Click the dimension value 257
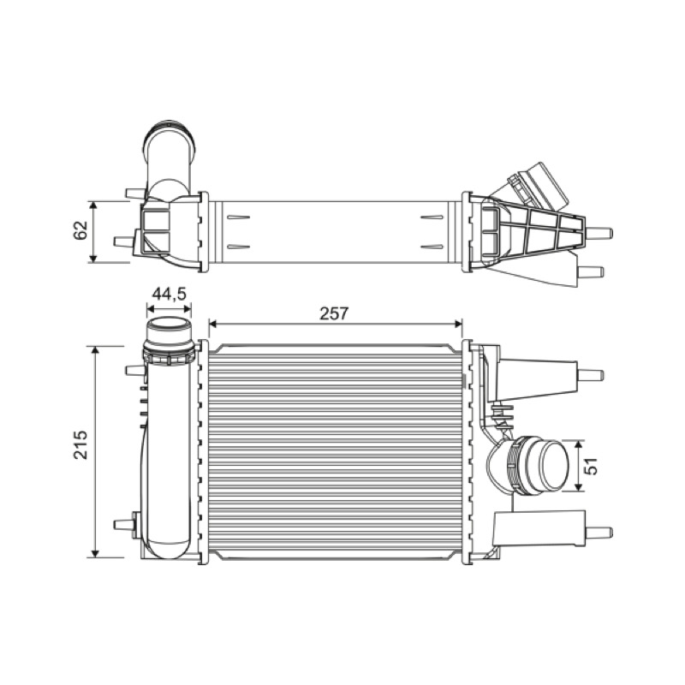point(334,313)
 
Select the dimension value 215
point(80,444)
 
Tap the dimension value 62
point(80,230)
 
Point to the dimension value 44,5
point(169,294)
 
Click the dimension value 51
point(591,466)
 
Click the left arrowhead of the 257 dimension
point(213,324)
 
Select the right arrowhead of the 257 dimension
point(458,324)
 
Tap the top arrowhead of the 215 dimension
point(95,351)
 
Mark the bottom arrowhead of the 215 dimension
point(95,552)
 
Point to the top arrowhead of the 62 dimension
point(92,206)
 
